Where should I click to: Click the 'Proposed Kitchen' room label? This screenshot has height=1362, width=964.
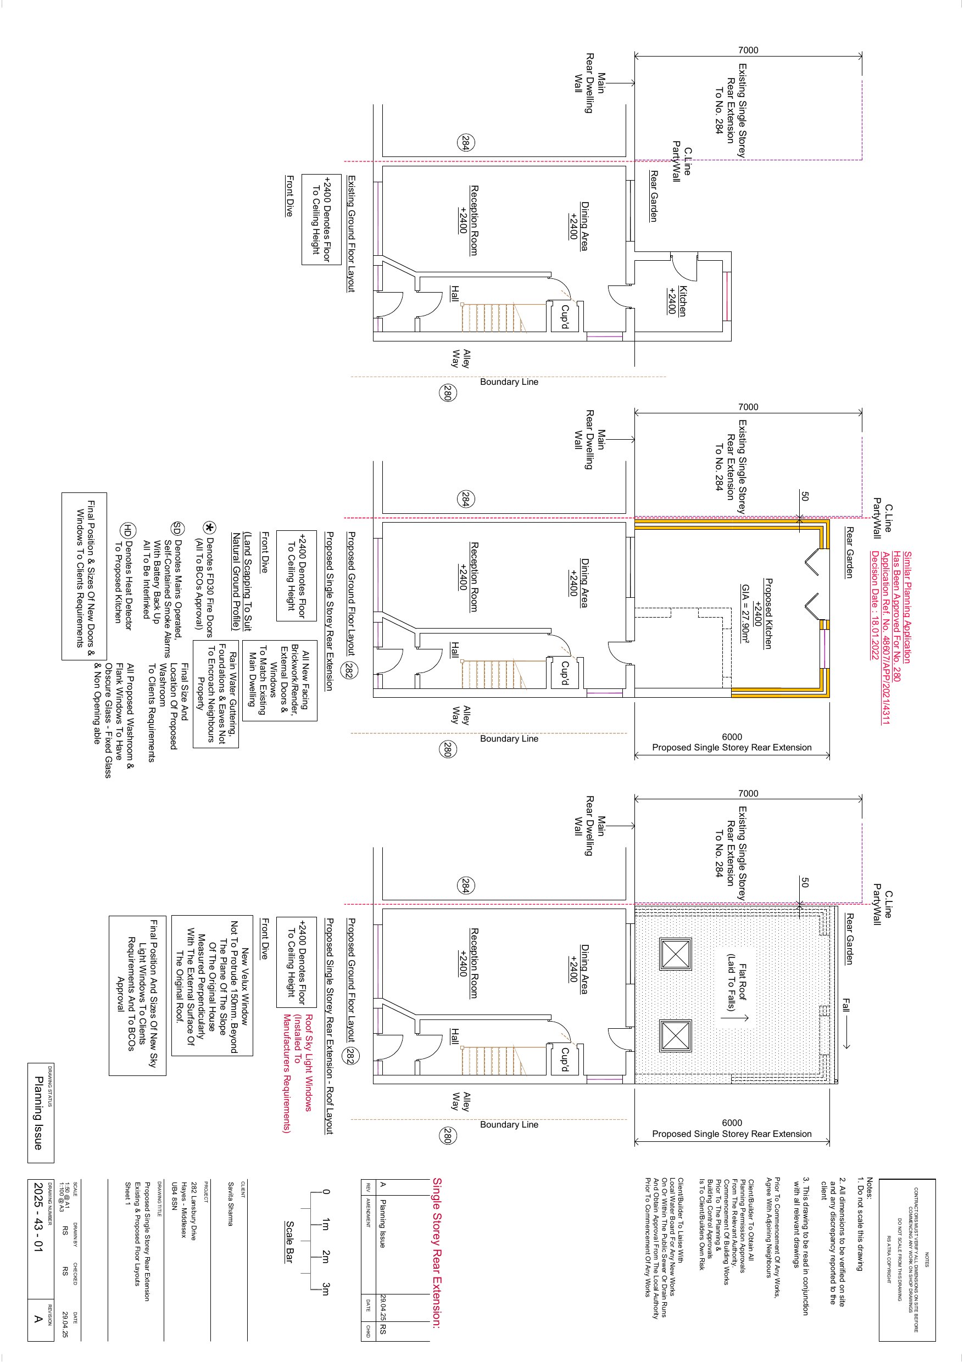click(768, 613)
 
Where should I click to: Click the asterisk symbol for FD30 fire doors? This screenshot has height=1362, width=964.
click(209, 528)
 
